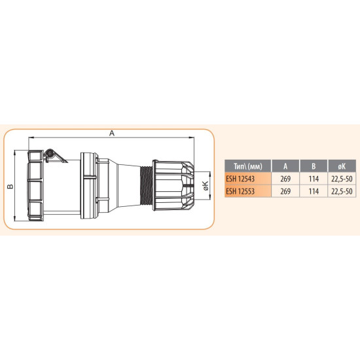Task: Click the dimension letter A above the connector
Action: [x=112, y=133]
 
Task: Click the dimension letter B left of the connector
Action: [x=10, y=186]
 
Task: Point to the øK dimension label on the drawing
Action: [x=206, y=185]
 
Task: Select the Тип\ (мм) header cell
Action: [x=248, y=166]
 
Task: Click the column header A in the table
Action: [x=285, y=166]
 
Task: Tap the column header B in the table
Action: [x=314, y=166]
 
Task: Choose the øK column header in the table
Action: [x=342, y=166]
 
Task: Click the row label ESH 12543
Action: [x=240, y=179]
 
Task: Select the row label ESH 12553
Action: [x=240, y=191]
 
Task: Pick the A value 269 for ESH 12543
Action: [x=285, y=179]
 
